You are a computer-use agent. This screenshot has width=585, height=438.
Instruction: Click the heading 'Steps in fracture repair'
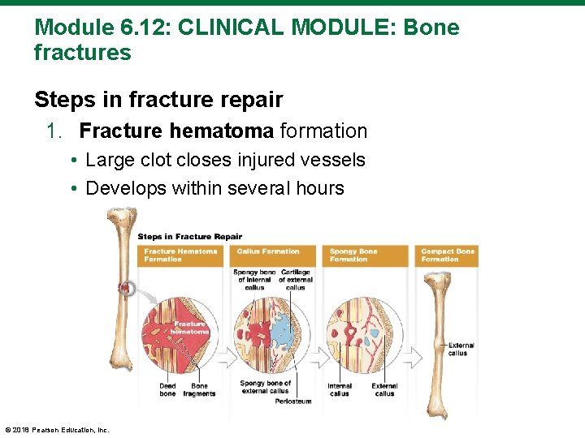click(158, 100)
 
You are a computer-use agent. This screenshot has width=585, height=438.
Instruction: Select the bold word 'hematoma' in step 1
click(224, 131)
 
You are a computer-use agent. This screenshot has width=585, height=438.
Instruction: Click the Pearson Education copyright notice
click(57, 430)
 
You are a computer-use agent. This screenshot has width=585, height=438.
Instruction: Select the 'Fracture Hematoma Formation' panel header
click(181, 255)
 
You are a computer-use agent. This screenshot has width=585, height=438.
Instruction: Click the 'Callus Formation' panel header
click(269, 251)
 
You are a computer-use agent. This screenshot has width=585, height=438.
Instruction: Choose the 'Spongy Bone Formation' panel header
click(354, 255)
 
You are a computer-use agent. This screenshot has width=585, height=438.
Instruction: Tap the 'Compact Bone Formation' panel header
click(447, 255)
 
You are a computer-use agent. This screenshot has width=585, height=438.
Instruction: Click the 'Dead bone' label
click(167, 389)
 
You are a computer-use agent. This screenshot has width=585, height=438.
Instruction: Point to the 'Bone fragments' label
click(199, 389)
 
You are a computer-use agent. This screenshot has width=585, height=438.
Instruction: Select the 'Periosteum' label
click(293, 401)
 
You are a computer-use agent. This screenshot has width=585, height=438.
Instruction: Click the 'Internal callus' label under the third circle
click(340, 389)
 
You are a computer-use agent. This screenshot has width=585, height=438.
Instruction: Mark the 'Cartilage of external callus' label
click(296, 280)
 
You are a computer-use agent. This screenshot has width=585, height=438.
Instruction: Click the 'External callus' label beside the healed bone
click(461, 349)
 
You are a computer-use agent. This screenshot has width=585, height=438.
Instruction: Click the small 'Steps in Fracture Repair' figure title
click(189, 237)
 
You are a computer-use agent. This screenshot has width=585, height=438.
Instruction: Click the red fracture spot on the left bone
click(124, 287)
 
